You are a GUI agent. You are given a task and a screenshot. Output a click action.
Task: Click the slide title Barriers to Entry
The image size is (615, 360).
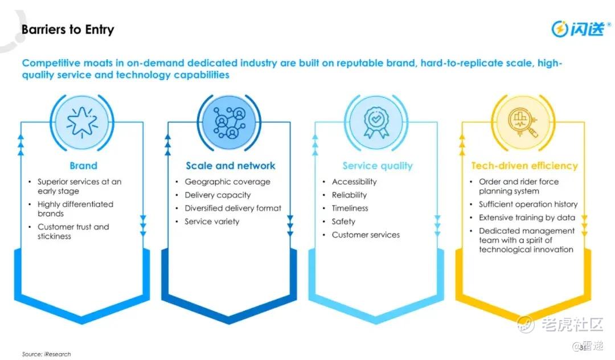click(x=68, y=30)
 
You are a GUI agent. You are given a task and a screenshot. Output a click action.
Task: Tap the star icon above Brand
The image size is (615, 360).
click(x=83, y=120)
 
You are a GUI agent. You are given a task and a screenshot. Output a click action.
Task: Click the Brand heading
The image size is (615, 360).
click(x=83, y=166)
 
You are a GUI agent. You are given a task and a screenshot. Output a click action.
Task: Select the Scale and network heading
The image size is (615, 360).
click(x=230, y=166)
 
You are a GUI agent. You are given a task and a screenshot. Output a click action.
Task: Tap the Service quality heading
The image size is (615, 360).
click(x=377, y=166)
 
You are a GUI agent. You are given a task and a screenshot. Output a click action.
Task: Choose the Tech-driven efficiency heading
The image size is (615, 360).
click(x=524, y=166)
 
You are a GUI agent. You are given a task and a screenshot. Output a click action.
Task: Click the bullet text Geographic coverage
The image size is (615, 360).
click(x=227, y=182)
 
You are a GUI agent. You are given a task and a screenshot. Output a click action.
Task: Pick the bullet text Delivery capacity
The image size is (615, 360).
click(x=218, y=195)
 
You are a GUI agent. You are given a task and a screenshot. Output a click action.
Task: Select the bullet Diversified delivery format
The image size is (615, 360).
click(x=233, y=208)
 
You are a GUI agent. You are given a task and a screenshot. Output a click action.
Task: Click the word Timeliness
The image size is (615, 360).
click(x=350, y=208)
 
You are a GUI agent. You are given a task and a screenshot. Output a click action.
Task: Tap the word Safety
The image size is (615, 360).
click(x=343, y=221)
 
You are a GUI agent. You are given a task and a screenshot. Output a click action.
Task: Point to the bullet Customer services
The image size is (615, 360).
click(x=366, y=235)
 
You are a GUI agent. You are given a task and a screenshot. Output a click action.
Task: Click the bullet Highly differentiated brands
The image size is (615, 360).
click(x=75, y=208)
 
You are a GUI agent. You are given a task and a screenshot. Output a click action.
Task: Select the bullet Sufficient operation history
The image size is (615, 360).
click(x=528, y=204)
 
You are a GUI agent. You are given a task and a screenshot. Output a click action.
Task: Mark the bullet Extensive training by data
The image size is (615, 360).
click(x=527, y=218)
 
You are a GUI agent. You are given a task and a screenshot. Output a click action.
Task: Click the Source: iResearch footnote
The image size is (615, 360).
click(x=47, y=354)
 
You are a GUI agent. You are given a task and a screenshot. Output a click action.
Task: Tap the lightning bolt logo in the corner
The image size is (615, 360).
click(x=560, y=28)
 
